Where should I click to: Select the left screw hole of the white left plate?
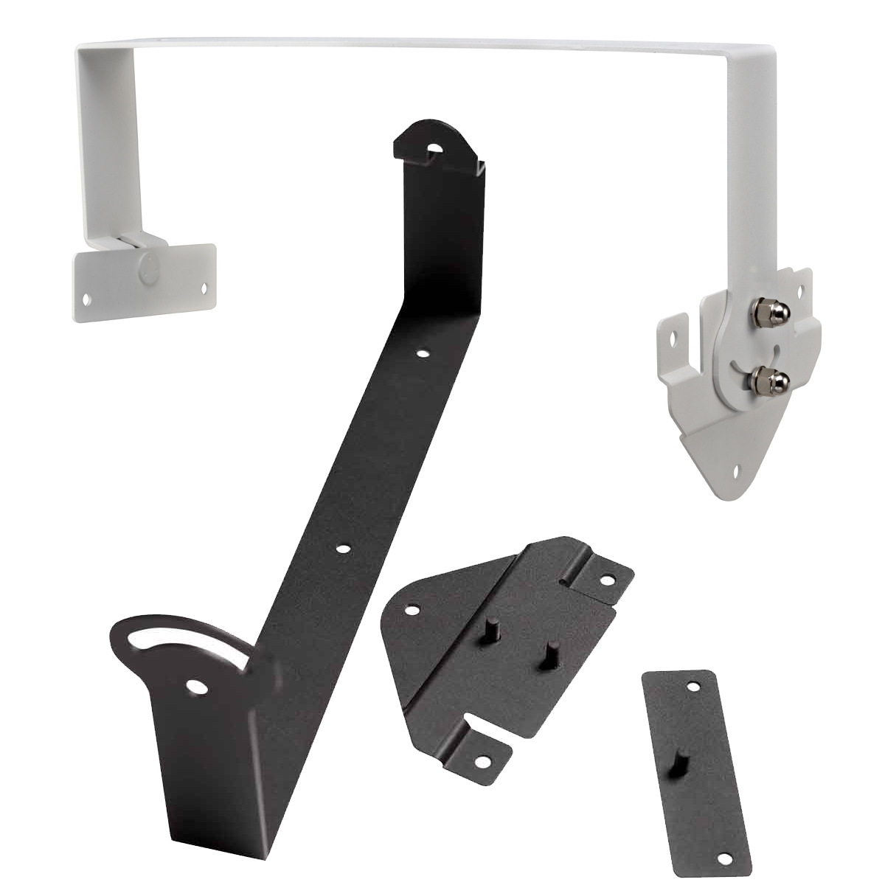(x=88, y=299)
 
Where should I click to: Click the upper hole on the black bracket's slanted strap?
(x=423, y=354)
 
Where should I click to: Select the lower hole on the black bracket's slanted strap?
(x=343, y=549)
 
